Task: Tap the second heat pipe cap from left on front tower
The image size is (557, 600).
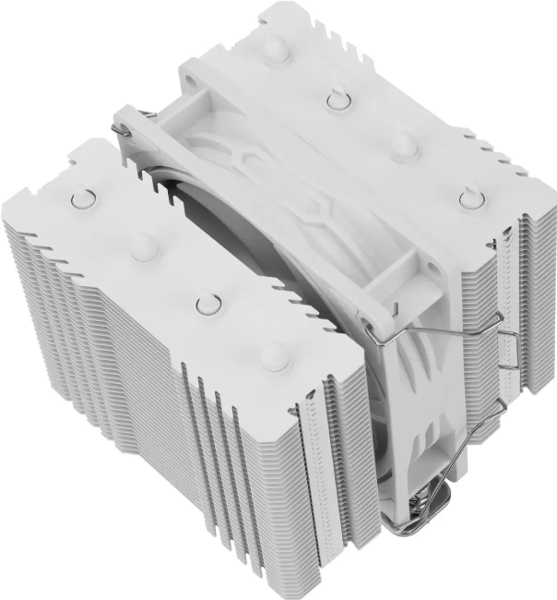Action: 143,245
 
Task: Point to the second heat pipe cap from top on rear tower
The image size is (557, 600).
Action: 338,97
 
